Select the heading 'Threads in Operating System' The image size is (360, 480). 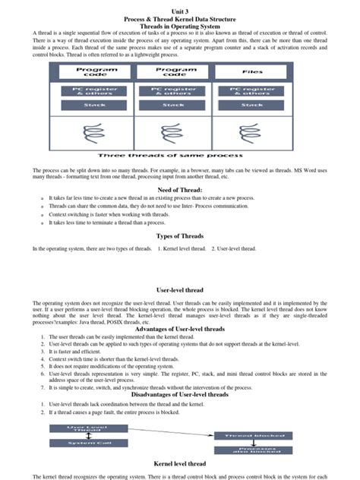(x=180, y=26)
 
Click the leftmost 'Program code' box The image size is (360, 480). (x=96, y=72)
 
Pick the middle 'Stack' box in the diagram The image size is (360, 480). (x=175, y=104)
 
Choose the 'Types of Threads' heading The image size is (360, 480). (x=180, y=236)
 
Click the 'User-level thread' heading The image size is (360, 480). (x=180, y=289)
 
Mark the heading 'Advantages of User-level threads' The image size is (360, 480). (x=180, y=329)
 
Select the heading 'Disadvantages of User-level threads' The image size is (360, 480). (x=180, y=394)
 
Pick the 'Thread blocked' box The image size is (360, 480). (x=251, y=435)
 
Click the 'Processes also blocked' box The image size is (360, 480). (x=251, y=450)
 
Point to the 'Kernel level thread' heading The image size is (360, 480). (x=180, y=463)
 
